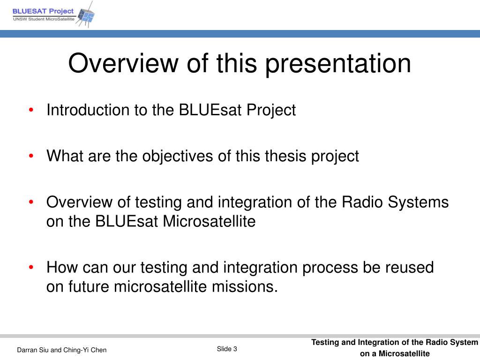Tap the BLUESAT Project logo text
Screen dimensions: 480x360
click(43, 11)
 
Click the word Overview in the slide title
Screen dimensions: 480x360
click(123, 63)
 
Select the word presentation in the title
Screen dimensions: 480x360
click(338, 64)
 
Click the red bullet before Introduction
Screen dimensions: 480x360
click(31, 110)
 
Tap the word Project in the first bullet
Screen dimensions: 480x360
click(271, 110)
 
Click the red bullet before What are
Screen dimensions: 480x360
click(31, 156)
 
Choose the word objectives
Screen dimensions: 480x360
click(178, 156)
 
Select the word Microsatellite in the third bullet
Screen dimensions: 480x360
click(209, 221)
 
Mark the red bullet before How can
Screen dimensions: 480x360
click(31, 267)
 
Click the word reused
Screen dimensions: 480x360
click(410, 267)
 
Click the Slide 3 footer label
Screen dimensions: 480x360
click(227, 349)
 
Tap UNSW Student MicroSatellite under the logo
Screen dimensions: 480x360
click(44, 19)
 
